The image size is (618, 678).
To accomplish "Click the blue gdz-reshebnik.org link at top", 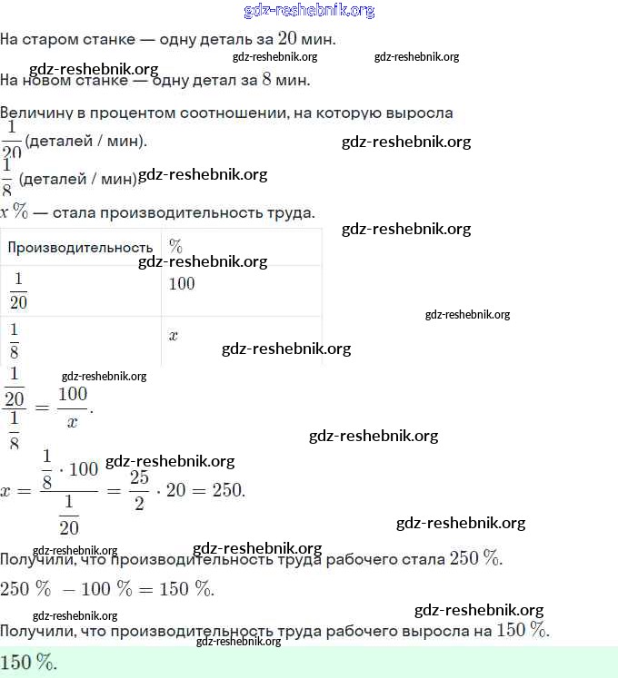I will click(x=309, y=11).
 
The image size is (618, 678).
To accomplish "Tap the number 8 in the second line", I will click(x=266, y=79).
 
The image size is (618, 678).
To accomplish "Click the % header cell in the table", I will click(x=176, y=247).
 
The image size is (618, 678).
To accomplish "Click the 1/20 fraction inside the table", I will click(x=18, y=290).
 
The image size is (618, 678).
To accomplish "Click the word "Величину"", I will click(x=36, y=113).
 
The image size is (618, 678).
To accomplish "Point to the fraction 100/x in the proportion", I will click(x=73, y=407).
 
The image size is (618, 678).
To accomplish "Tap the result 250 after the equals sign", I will click(x=227, y=490).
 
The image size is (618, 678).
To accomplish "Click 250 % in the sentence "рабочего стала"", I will click(x=474, y=558).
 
